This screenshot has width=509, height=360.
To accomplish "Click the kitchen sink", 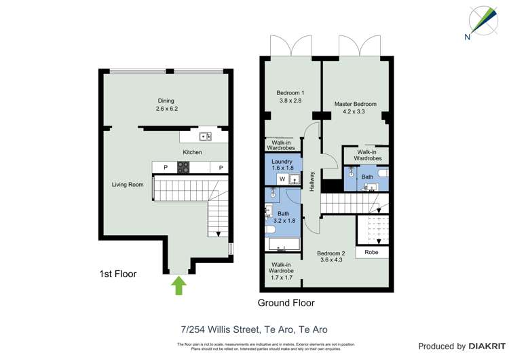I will pyautogui.click(x=204, y=137).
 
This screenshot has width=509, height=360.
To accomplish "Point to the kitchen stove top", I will pyautogui.click(x=183, y=167).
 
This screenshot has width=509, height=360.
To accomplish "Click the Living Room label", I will pyautogui.click(x=128, y=184).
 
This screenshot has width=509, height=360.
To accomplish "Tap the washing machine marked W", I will pyautogui.click(x=281, y=179).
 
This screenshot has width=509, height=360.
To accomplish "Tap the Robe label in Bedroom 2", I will pyautogui.click(x=371, y=252).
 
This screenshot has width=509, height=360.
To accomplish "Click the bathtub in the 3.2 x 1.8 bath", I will pyautogui.click(x=282, y=245).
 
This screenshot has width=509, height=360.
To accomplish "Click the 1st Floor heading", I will pyautogui.click(x=118, y=274).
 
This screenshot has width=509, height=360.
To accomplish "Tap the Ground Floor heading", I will pyautogui.click(x=286, y=303).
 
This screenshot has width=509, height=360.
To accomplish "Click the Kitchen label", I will pyautogui.click(x=192, y=152).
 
